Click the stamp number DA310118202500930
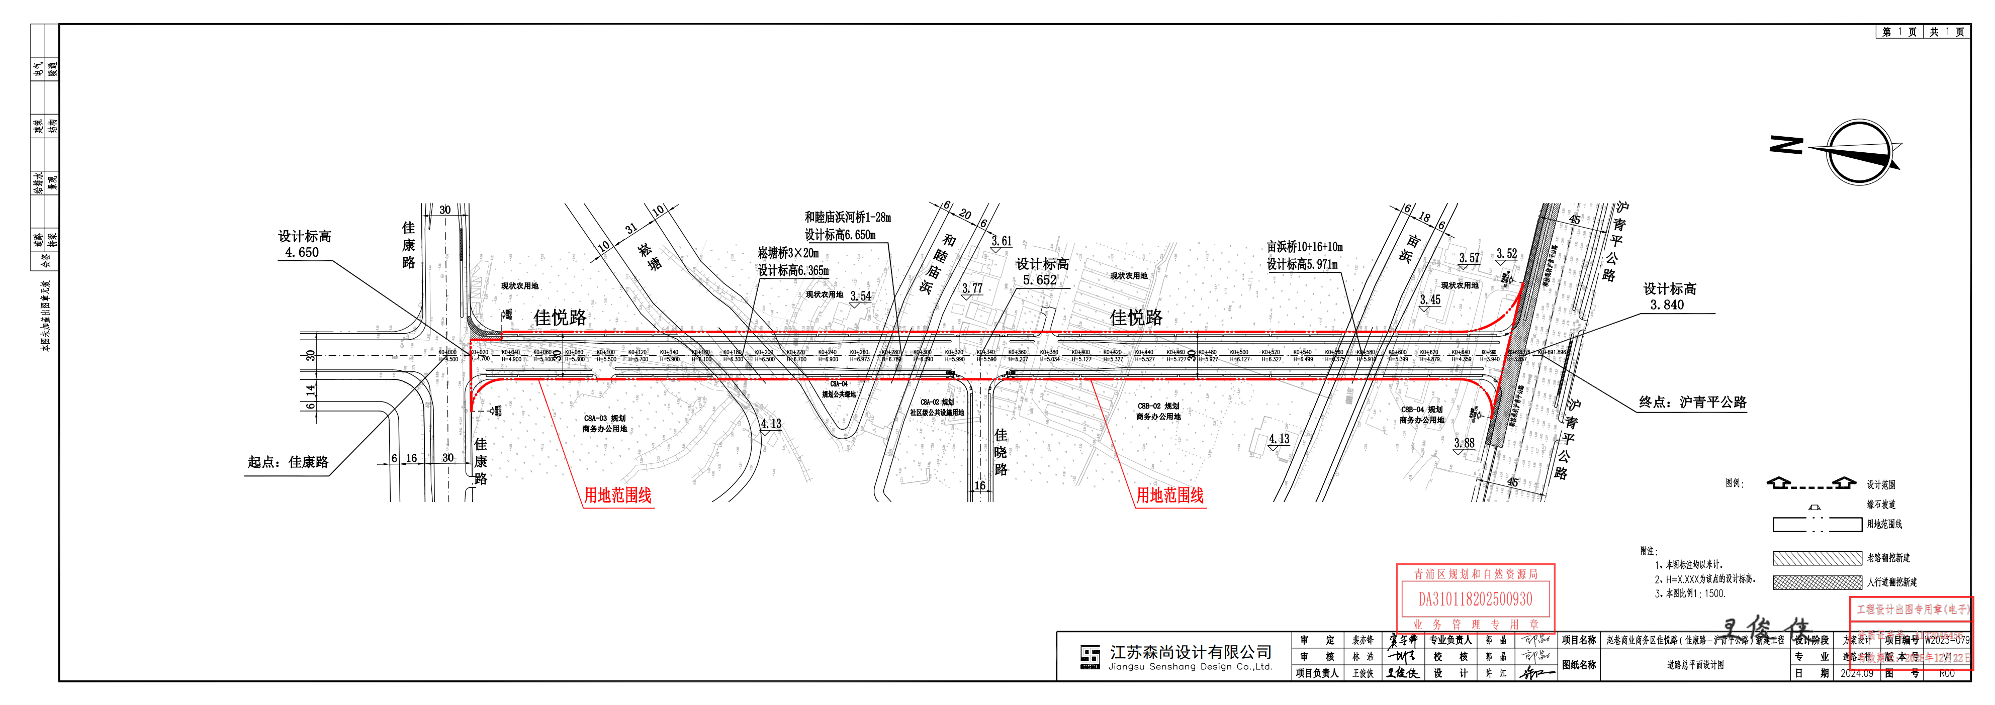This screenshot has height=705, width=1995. pos(1475,599)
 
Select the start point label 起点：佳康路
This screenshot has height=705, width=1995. pos(288,462)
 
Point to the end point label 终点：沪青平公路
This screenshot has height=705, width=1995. pos(1692,402)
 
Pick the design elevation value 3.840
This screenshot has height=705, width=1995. pos(1667,305)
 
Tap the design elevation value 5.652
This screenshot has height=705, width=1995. pos(1039,280)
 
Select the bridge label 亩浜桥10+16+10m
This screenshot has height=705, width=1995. pos(1305,247)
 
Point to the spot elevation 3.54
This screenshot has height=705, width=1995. pos(860,296)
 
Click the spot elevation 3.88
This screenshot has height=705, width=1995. pos(1464,443)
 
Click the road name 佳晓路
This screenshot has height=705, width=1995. pos(1001,453)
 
